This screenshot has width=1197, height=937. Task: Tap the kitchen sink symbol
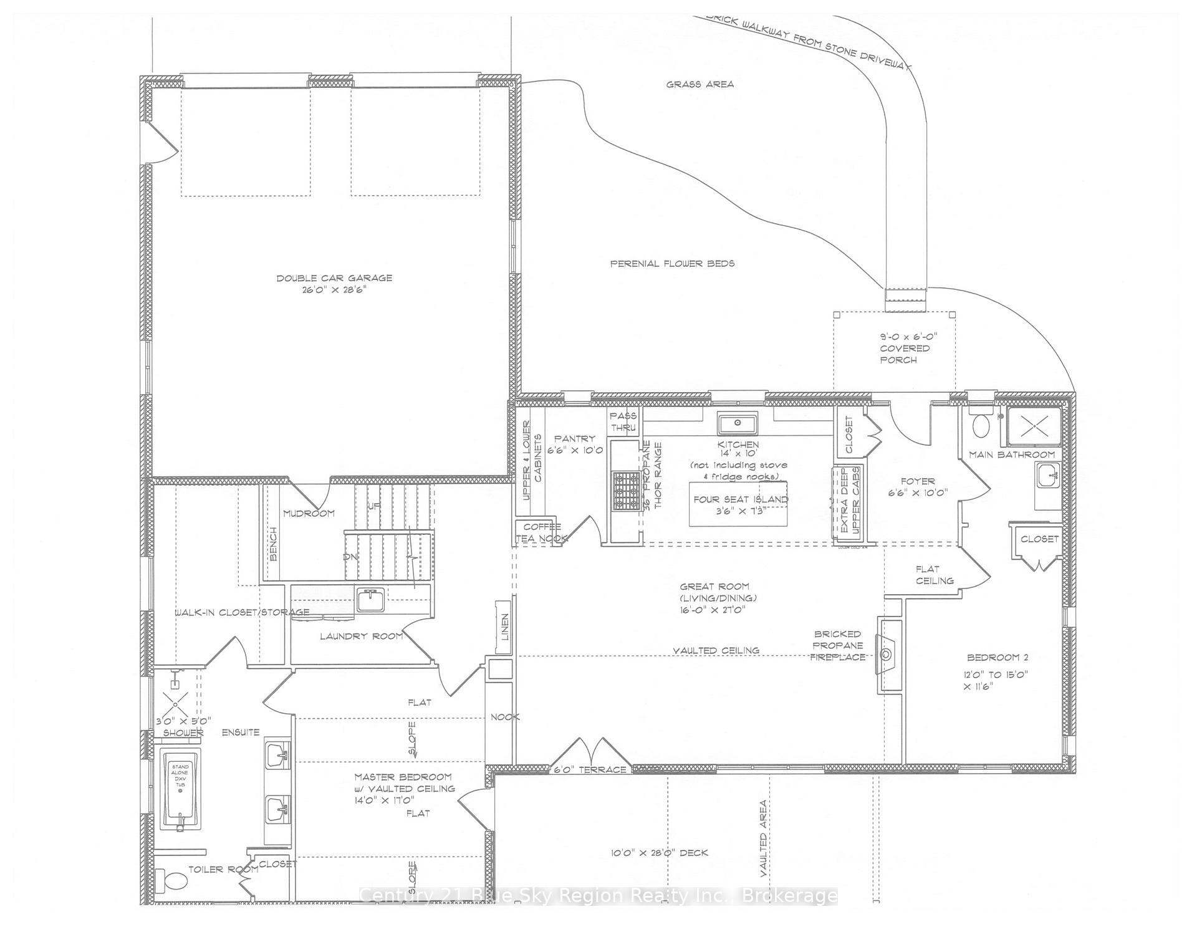737,423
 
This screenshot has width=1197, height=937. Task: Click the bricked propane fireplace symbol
887,655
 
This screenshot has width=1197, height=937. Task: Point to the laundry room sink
371,600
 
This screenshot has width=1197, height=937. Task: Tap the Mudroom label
309,513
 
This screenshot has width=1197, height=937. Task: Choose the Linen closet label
504,627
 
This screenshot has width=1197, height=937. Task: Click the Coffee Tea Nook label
541,532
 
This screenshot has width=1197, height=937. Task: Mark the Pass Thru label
623,421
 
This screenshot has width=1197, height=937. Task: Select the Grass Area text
699,84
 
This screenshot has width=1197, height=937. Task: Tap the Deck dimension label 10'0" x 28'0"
659,852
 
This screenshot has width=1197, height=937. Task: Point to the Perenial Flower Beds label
671,263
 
